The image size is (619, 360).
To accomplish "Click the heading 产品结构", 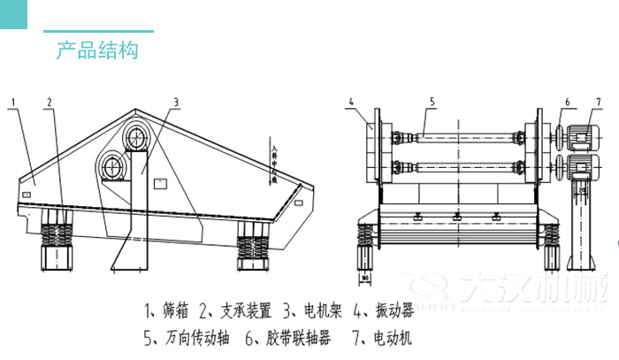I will tap(97, 50).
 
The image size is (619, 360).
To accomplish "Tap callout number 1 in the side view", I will tap(13, 102).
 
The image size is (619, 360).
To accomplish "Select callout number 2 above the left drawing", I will tap(50, 102).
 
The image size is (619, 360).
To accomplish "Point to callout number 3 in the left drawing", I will tap(176, 102).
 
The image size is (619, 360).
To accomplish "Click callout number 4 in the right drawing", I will tap(351, 102).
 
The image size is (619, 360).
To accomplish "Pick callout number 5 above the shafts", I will tap(432, 102).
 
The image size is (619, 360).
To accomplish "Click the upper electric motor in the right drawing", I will tap(582, 138).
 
